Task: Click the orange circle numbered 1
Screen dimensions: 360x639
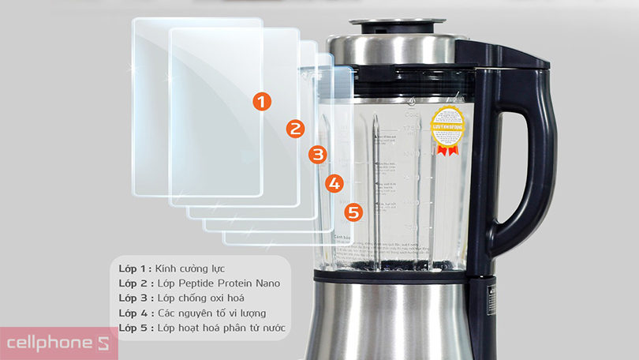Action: click(262, 101)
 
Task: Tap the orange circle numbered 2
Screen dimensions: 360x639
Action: click(295, 129)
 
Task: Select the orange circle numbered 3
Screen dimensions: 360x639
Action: click(317, 154)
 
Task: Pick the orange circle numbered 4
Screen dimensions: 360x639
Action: click(334, 183)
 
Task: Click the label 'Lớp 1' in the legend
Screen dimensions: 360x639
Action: click(133, 268)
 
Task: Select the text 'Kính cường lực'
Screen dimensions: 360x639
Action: click(190, 268)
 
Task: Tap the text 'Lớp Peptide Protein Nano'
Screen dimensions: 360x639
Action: click(218, 283)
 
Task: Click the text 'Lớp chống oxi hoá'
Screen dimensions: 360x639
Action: click(200, 298)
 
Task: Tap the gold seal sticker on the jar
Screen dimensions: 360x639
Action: click(447, 125)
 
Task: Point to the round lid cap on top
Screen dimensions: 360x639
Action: click(392, 24)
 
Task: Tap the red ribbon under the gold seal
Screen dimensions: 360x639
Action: click(447, 149)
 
